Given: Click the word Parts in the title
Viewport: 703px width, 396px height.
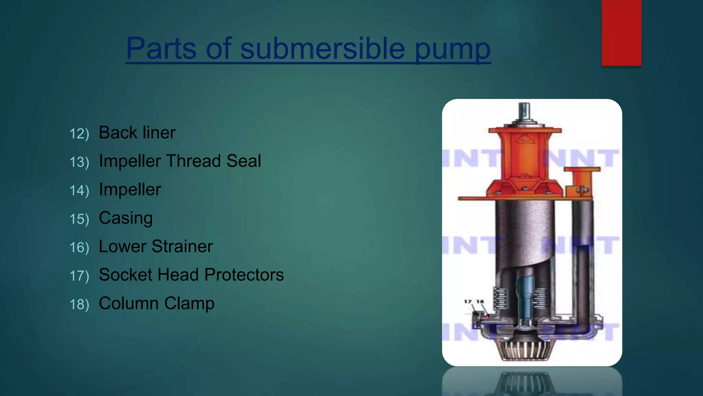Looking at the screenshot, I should (x=161, y=48).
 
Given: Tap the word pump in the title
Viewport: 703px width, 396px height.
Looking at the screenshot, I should (x=452, y=49).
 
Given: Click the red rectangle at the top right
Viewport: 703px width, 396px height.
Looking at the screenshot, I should (x=621, y=33).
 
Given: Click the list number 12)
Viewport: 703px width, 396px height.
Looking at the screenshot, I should (x=79, y=134).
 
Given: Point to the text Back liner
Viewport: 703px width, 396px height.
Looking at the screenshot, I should (x=137, y=133).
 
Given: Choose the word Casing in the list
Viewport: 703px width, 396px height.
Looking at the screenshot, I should (x=126, y=218).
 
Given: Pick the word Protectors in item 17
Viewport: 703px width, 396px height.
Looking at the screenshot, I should (x=244, y=275).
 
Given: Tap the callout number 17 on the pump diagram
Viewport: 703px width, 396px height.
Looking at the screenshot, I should (x=468, y=301).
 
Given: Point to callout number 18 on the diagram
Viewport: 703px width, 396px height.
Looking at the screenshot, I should (x=480, y=301).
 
